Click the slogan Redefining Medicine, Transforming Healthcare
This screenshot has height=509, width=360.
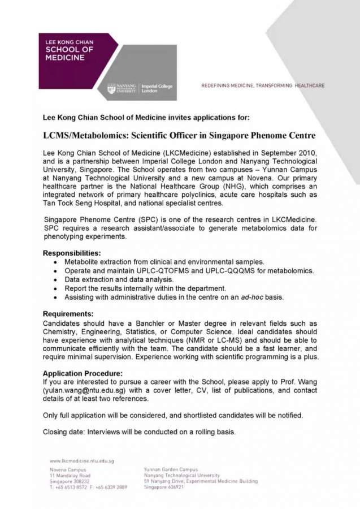(263, 85)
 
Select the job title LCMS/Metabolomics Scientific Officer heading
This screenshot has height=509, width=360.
(179, 136)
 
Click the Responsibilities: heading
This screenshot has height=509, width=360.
(72, 253)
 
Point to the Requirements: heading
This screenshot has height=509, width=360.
(68, 314)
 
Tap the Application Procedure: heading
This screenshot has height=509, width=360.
(83, 373)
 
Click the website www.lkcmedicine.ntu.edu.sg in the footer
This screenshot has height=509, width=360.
(82, 461)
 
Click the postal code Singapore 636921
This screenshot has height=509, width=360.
(164, 486)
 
